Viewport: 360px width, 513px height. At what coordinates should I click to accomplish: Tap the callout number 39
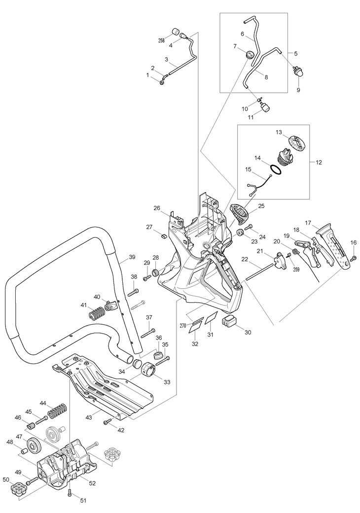tap(132, 257)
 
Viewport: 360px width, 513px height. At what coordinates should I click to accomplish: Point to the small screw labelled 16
tap(353, 259)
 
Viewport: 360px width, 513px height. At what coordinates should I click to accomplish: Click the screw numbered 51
tap(70, 493)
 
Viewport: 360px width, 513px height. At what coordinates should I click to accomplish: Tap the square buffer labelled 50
tap(18, 490)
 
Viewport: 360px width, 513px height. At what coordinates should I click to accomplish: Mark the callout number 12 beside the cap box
tap(319, 162)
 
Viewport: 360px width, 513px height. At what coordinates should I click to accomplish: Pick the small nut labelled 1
tap(162, 82)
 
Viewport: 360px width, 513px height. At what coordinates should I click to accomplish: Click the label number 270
tap(182, 325)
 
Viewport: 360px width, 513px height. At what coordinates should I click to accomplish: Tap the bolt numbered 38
tap(133, 292)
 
